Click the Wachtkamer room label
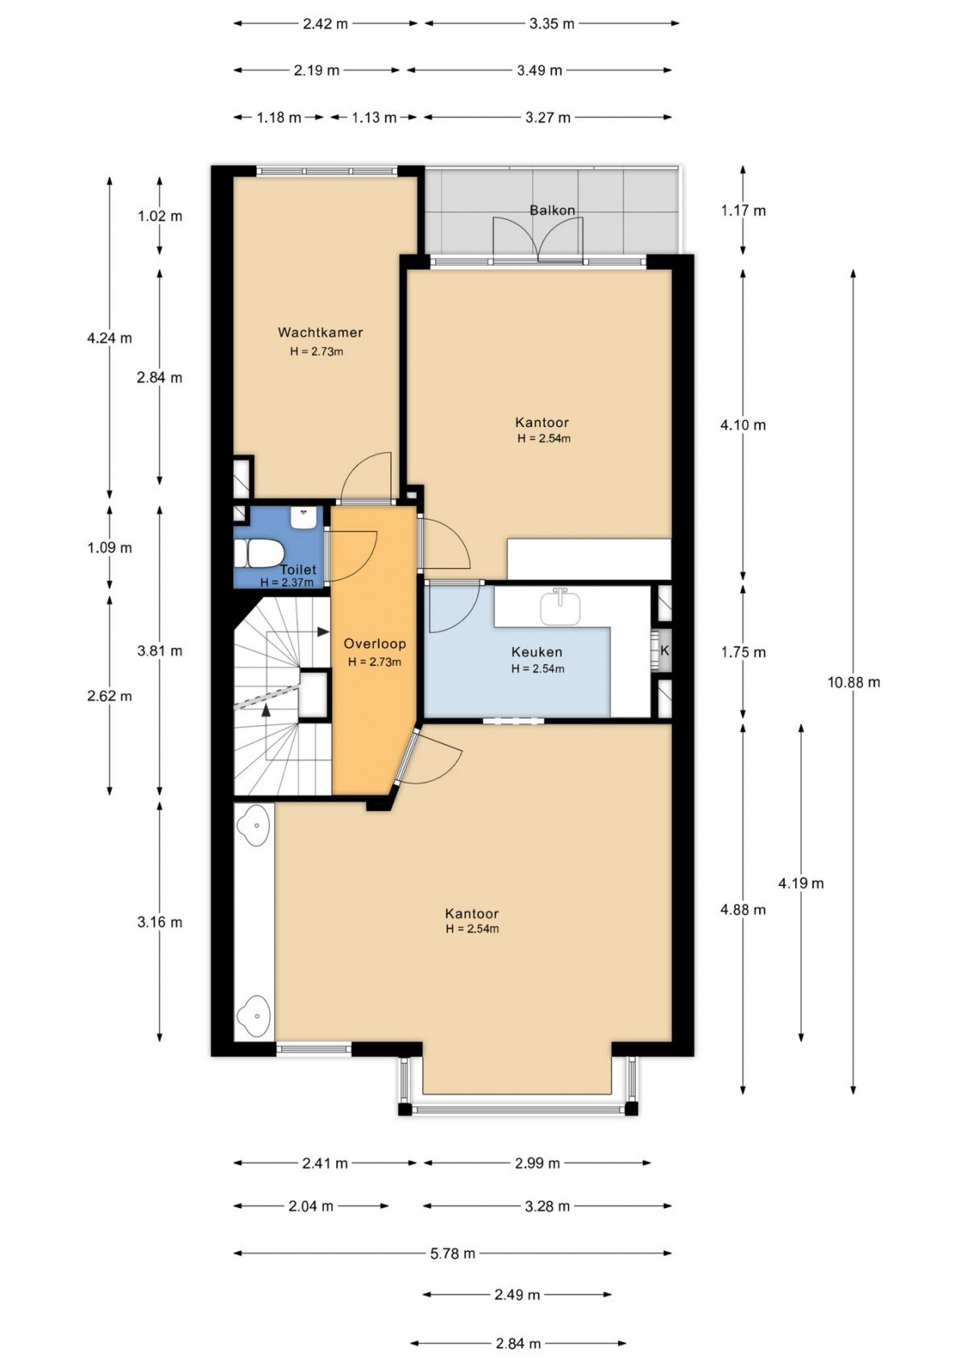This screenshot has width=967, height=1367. coord(320,333)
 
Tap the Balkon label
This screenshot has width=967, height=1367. coord(552,210)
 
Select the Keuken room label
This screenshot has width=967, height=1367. coord(537,652)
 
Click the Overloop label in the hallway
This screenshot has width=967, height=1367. coord(375,643)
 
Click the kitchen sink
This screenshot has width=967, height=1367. coord(559,607)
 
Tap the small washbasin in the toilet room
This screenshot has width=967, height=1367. coord(303,518)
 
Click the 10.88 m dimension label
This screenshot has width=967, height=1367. coord(853,682)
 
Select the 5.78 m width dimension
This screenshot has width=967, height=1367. coord(453,1253)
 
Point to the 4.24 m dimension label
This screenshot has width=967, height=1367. coord(110,338)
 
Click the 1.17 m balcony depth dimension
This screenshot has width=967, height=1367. coord(743,210)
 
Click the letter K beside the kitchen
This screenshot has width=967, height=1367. coord(664,650)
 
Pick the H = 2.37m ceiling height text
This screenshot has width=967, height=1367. coord(287,583)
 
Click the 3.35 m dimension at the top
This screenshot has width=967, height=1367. coord(552,24)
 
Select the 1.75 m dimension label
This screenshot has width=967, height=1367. coord(743,652)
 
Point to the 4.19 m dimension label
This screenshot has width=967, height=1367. coord(801,883)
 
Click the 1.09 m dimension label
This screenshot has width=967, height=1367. coord(110,547)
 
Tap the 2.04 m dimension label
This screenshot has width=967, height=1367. coord(311,1206)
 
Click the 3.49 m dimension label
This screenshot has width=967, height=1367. coord(540,70)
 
